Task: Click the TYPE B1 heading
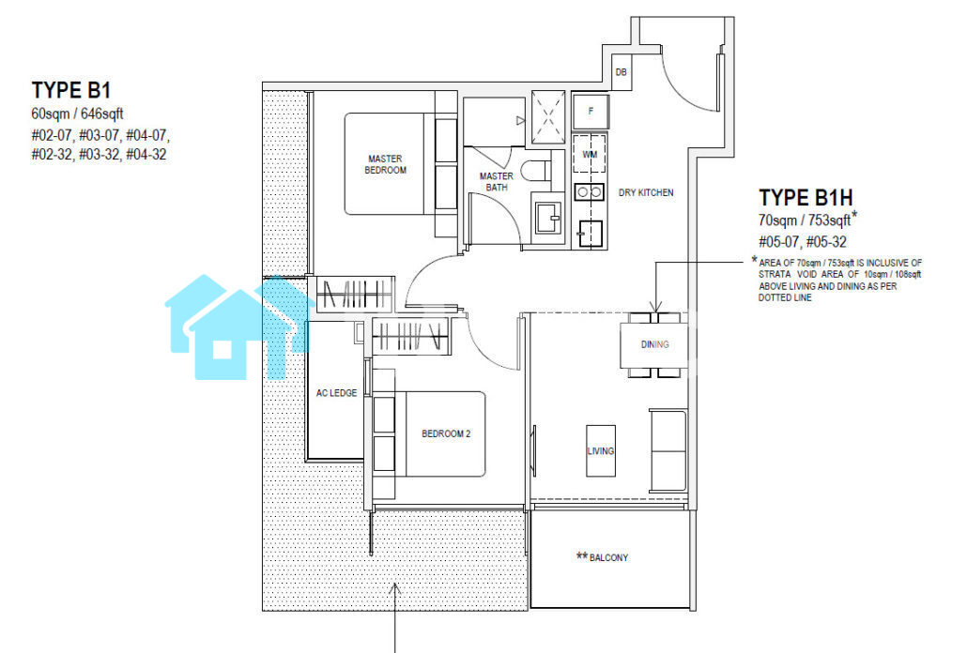[x=71, y=91]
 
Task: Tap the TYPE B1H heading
[x=806, y=198]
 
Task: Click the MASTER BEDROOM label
[x=386, y=164]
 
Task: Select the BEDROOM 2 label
[x=446, y=433]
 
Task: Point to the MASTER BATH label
[x=497, y=182]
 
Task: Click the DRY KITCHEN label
[x=646, y=193]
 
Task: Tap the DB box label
[x=621, y=72]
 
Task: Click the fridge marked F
[x=591, y=112]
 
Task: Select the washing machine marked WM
[x=590, y=155]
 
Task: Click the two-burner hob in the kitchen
[x=589, y=193]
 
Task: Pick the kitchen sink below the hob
[x=590, y=233]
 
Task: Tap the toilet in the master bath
[x=535, y=170]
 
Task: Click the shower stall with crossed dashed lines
[x=547, y=117]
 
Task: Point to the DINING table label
[x=655, y=344]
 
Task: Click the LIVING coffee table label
[x=601, y=451]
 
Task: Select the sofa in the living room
[x=668, y=450]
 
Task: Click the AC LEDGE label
[x=337, y=393]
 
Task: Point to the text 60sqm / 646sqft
[x=77, y=114]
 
